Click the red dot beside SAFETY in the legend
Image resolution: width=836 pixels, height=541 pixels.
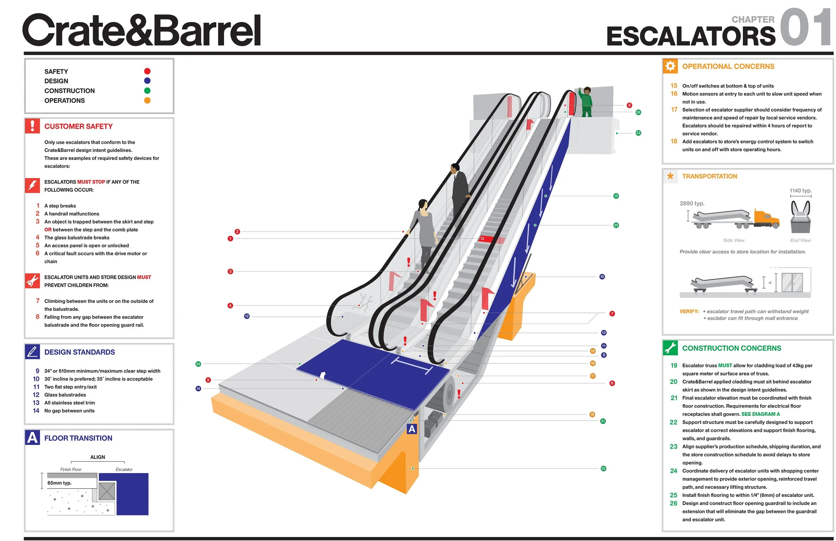point(147,71)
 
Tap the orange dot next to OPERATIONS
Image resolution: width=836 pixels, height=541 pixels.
point(147,100)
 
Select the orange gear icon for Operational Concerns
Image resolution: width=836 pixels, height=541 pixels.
point(670,66)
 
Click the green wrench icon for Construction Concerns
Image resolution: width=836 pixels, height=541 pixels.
point(670,348)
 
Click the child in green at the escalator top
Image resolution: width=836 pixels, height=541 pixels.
point(586,102)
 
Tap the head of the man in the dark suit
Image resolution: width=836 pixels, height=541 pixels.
point(455,168)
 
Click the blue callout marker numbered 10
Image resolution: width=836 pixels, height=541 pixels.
point(602,277)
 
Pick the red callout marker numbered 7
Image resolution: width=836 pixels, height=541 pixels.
point(612,314)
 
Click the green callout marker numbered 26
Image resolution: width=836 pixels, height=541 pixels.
point(638,112)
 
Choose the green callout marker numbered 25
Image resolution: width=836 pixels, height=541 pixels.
point(198,364)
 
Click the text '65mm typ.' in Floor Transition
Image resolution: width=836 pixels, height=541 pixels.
point(59,483)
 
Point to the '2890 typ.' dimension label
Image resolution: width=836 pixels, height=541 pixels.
point(692,204)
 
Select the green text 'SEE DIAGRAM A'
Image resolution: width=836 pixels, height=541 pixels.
point(760,414)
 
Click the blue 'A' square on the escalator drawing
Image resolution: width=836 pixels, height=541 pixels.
point(412,429)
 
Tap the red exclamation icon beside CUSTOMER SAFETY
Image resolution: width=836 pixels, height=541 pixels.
point(32,126)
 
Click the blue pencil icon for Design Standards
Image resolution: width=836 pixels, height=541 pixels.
point(32,352)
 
